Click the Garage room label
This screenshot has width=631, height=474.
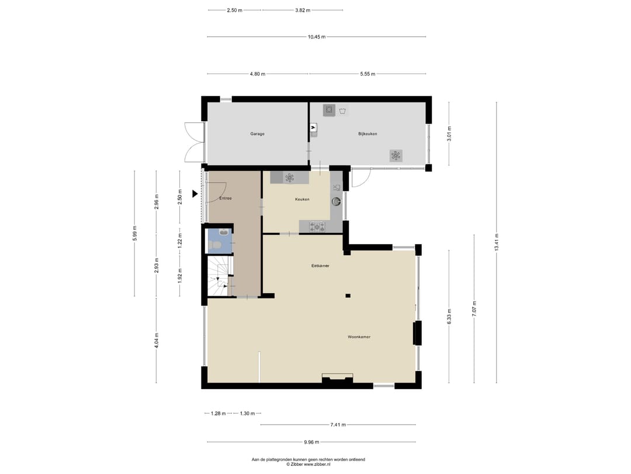(257, 134)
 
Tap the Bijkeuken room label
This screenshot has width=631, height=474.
(367, 134)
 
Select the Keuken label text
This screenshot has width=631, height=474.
(302, 200)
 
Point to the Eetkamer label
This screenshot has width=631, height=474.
(320, 266)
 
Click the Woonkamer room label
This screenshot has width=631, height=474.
(359, 337)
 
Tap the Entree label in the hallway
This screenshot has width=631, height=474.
(226, 198)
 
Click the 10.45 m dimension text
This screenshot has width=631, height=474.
(317, 37)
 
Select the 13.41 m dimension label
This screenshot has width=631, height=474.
(497, 242)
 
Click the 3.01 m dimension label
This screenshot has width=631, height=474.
(449, 134)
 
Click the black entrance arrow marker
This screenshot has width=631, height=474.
(196, 194)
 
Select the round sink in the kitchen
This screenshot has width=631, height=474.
(337, 201)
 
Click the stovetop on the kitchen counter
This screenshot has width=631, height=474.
(317, 226)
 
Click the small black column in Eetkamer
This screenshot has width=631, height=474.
(348, 296)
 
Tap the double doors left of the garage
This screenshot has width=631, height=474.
(193, 142)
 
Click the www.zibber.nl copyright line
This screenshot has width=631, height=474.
(308, 464)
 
